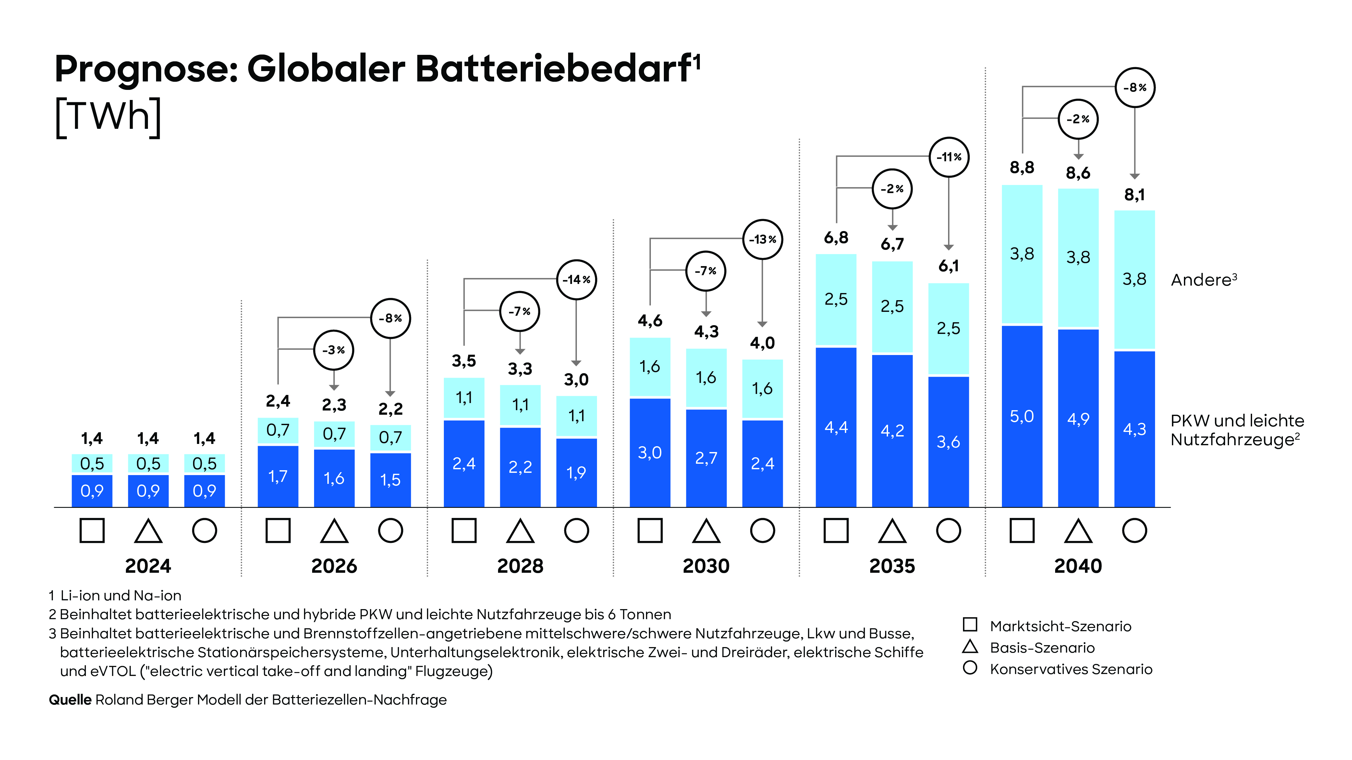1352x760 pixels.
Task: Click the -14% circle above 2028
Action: pyautogui.click(x=576, y=280)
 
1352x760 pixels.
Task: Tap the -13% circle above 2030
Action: pyautogui.click(x=762, y=239)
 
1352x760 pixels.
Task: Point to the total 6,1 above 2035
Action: pyautogui.click(x=948, y=266)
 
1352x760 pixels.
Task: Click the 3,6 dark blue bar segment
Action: pyautogui.click(x=948, y=442)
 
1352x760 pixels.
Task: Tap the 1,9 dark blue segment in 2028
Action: pyautogui.click(x=576, y=473)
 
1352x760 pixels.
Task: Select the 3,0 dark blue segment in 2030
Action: pyautogui.click(x=650, y=452)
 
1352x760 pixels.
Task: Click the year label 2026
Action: pyautogui.click(x=334, y=566)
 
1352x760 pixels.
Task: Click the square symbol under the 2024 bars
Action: pyautogui.click(x=92, y=530)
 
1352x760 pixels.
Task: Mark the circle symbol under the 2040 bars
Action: pyautogui.click(x=1134, y=530)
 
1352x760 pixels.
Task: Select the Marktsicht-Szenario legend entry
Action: pyautogui.click(x=1060, y=626)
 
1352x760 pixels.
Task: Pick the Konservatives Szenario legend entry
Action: pyautogui.click(x=1071, y=669)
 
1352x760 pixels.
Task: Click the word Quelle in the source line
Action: pyautogui.click(x=70, y=700)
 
